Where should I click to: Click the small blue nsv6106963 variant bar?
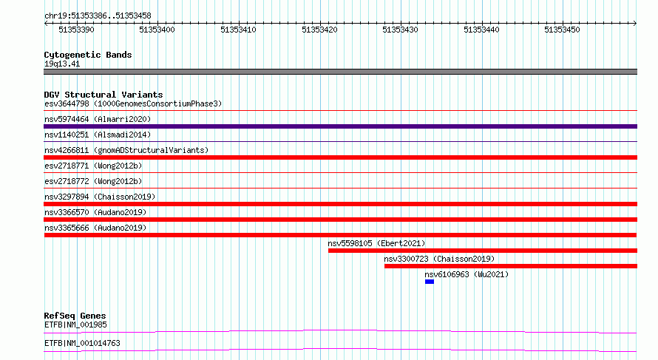click(x=430, y=282)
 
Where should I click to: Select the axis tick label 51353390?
click(x=76, y=30)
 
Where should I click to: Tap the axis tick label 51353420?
click(x=319, y=30)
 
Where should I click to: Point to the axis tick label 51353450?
click(x=562, y=30)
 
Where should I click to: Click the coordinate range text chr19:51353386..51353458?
click(x=98, y=16)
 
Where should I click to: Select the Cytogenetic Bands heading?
click(x=88, y=55)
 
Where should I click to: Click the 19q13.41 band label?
click(x=62, y=64)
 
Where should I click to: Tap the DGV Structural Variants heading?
click(x=104, y=95)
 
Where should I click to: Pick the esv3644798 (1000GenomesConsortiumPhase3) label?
click(x=133, y=103)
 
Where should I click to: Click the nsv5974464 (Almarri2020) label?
click(x=98, y=119)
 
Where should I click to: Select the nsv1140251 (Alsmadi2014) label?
click(x=98, y=135)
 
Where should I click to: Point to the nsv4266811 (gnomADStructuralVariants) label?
click(x=126, y=150)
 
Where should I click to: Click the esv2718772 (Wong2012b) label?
click(x=93, y=181)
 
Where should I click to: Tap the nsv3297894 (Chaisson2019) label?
click(x=100, y=197)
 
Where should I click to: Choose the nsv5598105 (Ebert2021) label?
click(x=376, y=243)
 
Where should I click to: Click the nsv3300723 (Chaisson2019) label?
click(x=439, y=259)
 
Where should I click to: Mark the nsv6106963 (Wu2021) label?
click(x=467, y=274)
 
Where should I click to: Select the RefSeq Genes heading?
click(x=75, y=316)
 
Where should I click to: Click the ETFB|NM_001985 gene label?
click(x=75, y=325)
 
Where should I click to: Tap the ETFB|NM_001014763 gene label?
click(x=82, y=343)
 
